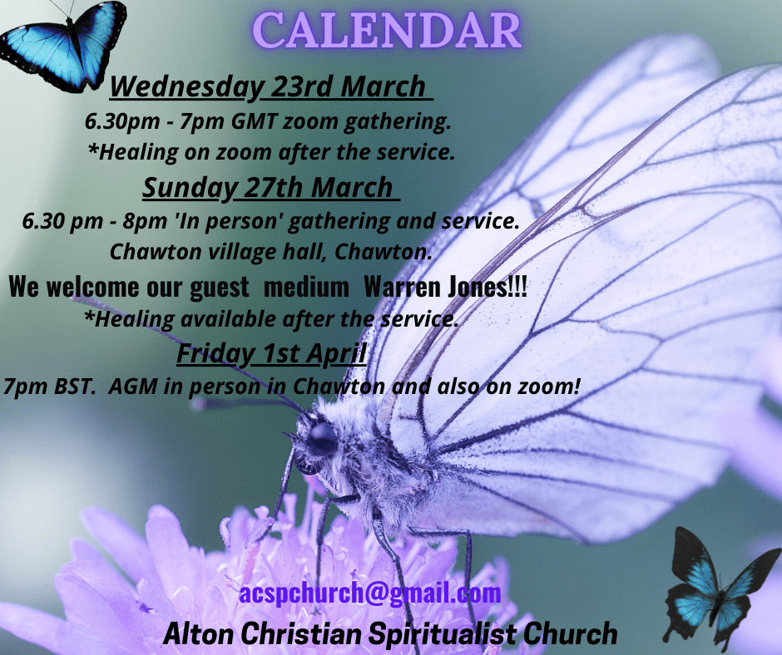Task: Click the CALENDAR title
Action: click(387, 31)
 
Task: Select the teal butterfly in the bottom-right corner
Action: click(720, 587)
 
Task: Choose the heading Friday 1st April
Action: click(272, 353)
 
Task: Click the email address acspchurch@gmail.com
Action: click(370, 593)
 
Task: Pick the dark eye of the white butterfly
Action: click(322, 439)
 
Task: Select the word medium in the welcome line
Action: click(306, 287)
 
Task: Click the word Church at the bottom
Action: click(571, 633)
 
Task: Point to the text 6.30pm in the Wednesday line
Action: click(122, 121)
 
